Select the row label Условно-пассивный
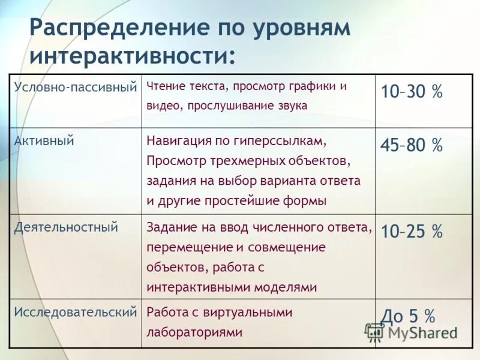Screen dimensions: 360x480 click(76, 88)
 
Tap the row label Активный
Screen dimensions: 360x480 click(44, 142)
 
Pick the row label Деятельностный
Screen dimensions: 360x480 click(67, 227)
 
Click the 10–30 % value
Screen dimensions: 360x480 click(411, 92)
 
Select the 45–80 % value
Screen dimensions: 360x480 click(411, 145)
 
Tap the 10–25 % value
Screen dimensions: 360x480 click(411, 231)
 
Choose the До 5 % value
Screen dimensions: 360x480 click(408, 316)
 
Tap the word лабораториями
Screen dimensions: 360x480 click(194, 332)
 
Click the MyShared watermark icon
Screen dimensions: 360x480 click(375, 332)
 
